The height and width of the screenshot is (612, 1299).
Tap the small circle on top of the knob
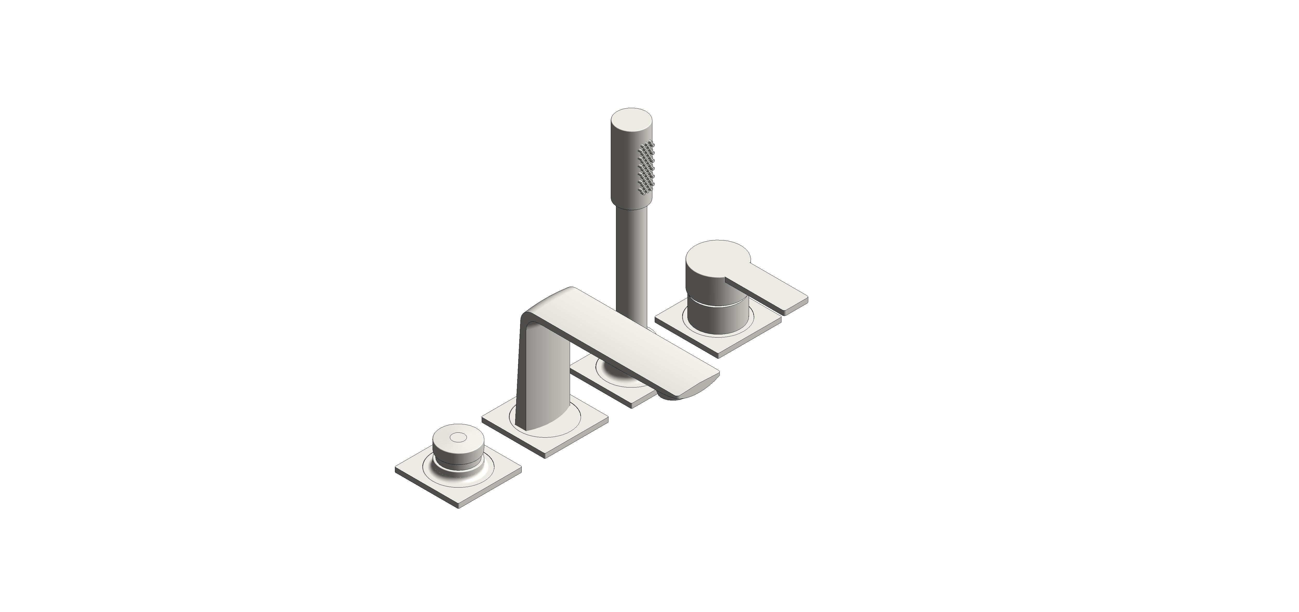tap(458, 437)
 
